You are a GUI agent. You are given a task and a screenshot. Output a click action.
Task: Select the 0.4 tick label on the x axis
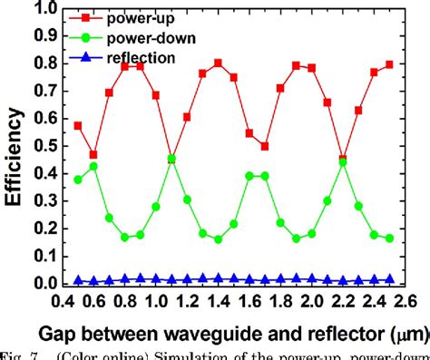61,300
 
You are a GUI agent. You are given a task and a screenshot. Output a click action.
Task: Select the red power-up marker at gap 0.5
77,125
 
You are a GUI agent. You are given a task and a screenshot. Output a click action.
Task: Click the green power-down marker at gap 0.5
77,180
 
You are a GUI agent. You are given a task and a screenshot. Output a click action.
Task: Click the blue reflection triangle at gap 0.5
77,280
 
